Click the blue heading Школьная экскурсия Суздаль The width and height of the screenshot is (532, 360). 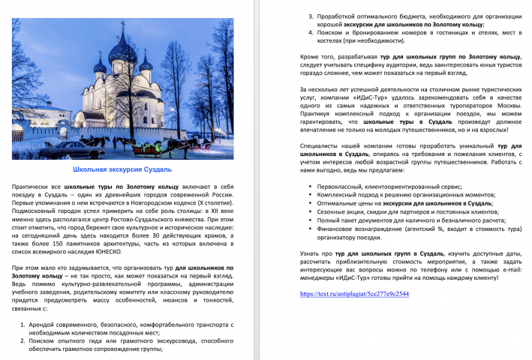pyautogui.click(x=127, y=170)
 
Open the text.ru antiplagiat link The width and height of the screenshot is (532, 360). pyautogui.click(x=353, y=294)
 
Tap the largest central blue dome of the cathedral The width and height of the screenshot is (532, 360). pyautogui.click(x=122, y=54)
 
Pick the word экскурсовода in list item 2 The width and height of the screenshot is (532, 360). pyautogui.click(x=164, y=340)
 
